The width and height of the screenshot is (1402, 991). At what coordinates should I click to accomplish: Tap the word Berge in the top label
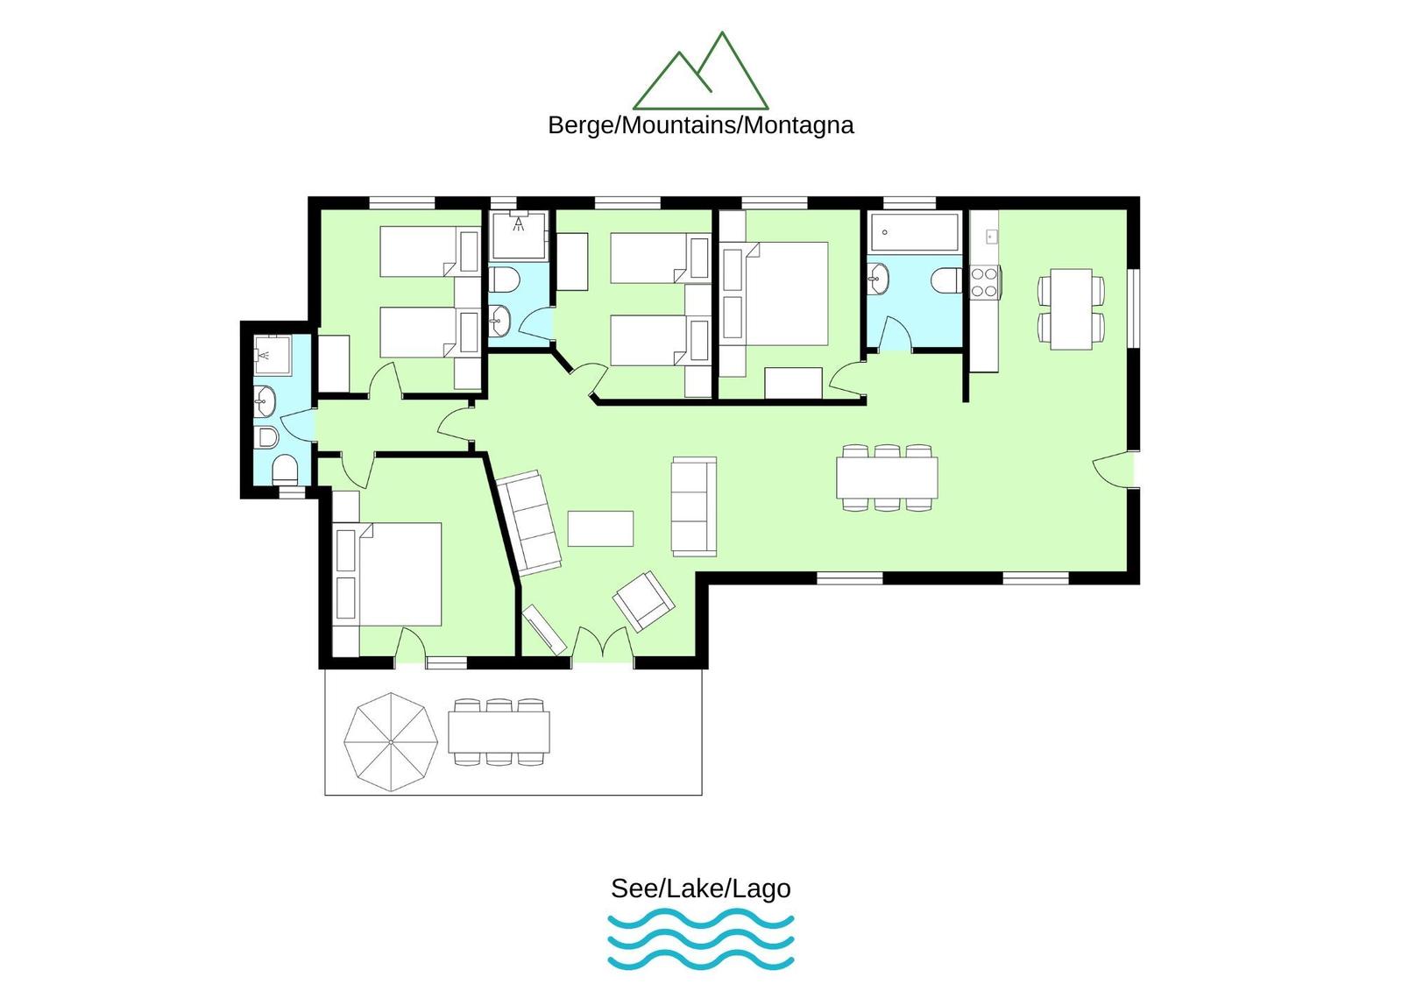tap(582, 126)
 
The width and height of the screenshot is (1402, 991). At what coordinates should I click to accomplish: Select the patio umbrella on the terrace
tap(391, 742)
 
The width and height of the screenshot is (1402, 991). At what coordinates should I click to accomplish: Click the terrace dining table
tap(499, 731)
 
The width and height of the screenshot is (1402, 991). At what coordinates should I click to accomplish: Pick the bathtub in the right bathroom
tap(914, 232)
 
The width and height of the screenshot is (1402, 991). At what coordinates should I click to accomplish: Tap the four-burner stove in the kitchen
tap(985, 281)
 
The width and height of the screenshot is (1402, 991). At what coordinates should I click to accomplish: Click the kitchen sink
tap(992, 236)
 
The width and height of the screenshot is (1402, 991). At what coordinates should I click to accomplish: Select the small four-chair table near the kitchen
tap(1071, 308)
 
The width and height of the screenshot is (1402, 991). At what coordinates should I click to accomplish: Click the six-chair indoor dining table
tap(887, 477)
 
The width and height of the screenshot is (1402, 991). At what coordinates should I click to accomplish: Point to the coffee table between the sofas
tap(600, 528)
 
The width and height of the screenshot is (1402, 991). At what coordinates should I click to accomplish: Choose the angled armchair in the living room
tap(643, 601)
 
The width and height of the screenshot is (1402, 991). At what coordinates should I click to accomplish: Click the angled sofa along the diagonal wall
tap(528, 523)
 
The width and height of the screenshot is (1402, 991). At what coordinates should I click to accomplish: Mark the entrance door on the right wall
tap(1114, 468)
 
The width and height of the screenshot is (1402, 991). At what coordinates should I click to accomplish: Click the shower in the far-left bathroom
tap(273, 355)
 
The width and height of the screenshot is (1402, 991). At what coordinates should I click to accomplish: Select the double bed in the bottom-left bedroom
tap(388, 574)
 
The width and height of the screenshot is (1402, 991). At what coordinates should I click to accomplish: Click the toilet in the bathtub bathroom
tap(946, 280)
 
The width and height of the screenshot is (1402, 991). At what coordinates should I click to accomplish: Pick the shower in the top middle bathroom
tap(518, 236)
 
